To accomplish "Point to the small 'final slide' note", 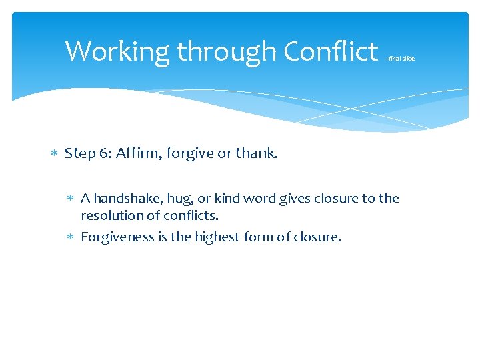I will (x=400, y=59).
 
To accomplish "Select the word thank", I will (x=256, y=153).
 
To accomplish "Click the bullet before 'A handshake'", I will (x=72, y=199).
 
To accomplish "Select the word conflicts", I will (x=193, y=215).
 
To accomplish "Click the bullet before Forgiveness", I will (x=72, y=237).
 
